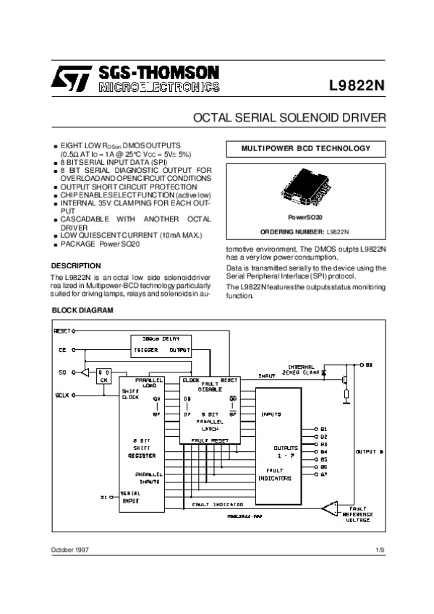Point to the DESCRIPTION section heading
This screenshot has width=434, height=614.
point(76,265)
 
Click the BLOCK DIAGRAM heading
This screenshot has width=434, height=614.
point(82,310)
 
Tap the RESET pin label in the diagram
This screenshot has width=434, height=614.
point(64,331)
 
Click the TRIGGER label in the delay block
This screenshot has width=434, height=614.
point(145,350)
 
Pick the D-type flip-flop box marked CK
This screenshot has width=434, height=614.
point(103,375)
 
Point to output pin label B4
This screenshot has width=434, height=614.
point(324,451)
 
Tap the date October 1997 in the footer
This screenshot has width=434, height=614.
point(70,551)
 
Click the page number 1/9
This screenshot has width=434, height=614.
point(380,551)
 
